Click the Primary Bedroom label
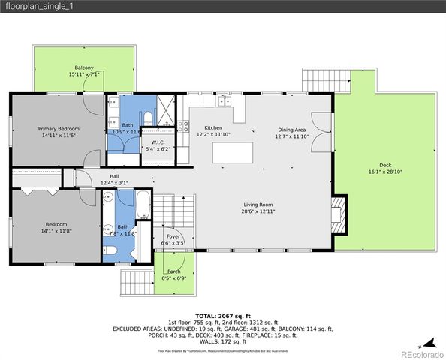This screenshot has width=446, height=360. (59, 128)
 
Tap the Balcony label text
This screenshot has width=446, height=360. (83, 67)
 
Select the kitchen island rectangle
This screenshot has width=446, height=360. (234, 153)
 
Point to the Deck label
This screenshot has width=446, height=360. (384, 165)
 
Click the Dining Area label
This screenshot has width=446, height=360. (292, 129)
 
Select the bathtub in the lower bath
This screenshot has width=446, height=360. (143, 204)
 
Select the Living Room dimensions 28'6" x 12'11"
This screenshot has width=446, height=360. (257, 211)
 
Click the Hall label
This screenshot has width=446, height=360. (114, 176)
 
